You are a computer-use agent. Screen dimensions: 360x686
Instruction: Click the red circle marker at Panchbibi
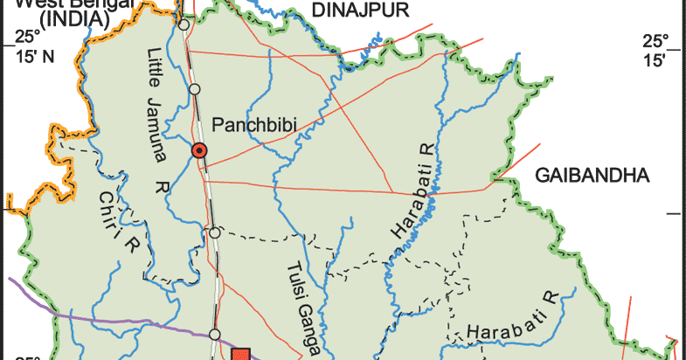pos(200,151)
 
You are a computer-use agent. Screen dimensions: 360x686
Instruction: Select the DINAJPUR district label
pos(350,10)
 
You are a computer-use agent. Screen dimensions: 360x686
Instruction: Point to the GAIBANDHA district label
pos(593,175)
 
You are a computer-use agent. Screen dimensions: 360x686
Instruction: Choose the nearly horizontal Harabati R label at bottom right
pos(511,320)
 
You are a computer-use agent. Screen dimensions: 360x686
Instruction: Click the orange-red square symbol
pos(241,354)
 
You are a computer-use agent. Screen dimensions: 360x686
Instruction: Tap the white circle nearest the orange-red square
pos(215,335)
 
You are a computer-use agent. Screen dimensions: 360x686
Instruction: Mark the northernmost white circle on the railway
pos(184,25)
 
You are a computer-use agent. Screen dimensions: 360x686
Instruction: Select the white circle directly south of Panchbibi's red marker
pos(214,232)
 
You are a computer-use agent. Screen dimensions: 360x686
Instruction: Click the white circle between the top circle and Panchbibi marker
pos(194,88)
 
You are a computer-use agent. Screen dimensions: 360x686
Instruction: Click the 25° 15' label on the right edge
pos(655,50)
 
